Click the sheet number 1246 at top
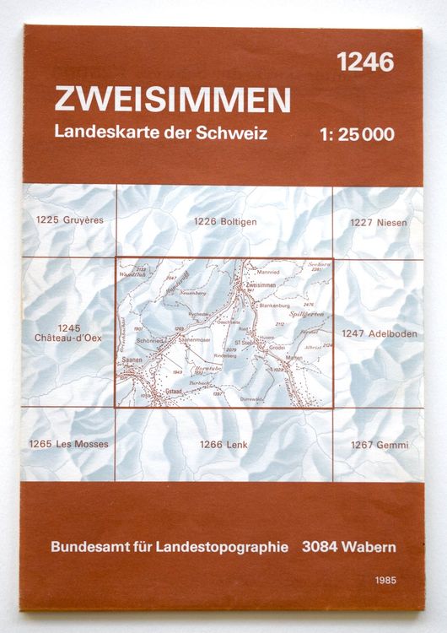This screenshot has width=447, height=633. pyautogui.click(x=365, y=62)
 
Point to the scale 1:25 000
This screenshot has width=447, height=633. pyautogui.click(x=358, y=133)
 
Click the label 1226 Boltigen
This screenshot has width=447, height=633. pyautogui.click(x=224, y=222)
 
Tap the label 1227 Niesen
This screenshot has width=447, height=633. pyautogui.click(x=378, y=223)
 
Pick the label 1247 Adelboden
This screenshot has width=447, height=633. pyautogui.click(x=380, y=333)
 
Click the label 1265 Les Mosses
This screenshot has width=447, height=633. pyautogui.click(x=73, y=444)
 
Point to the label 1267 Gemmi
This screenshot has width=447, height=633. pyautogui.click(x=378, y=445)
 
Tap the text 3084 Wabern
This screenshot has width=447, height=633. pyautogui.click(x=348, y=547)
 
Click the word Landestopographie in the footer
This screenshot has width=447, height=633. pyautogui.click(x=223, y=547)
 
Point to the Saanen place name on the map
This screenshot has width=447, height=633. pyautogui.click(x=132, y=358)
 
